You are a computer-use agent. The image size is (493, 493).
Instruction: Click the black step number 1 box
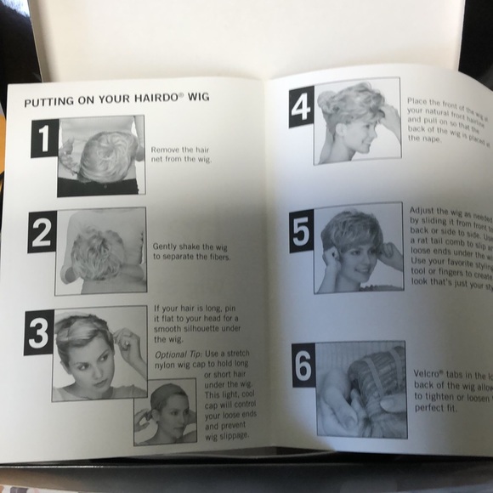(x=44, y=138)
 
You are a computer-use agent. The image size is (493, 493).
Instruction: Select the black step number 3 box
(x=38, y=332)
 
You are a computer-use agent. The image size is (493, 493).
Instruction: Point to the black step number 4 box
(x=301, y=107)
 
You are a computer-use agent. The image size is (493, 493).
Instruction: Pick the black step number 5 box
(x=301, y=231)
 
